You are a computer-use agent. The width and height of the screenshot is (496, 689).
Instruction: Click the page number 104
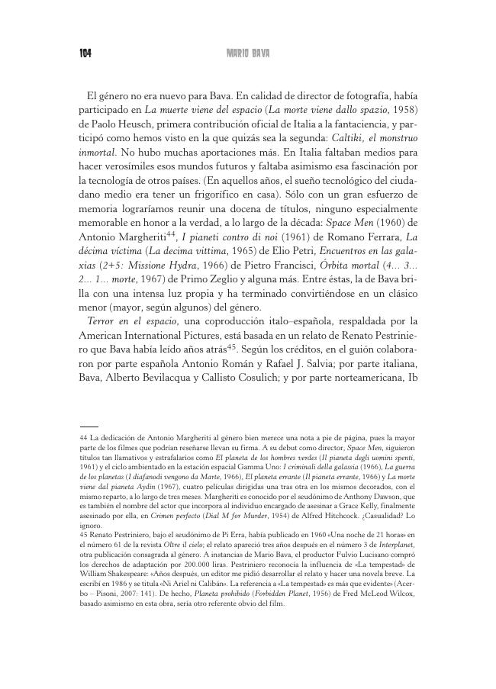[85, 53]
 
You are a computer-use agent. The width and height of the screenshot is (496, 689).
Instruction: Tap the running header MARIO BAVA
[250, 53]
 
